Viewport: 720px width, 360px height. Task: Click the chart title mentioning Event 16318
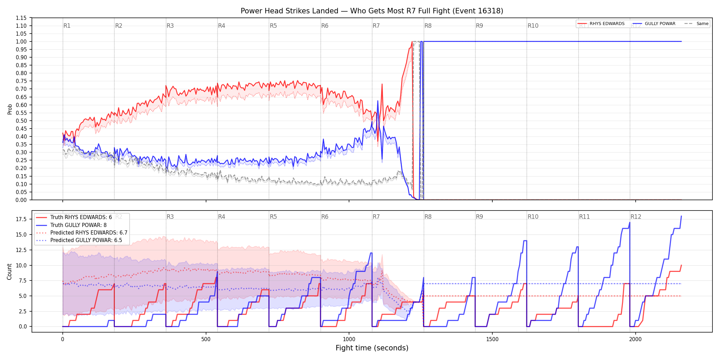(372, 11)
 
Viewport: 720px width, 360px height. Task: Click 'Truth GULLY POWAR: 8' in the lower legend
(79, 225)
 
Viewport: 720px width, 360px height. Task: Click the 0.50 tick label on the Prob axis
(21, 121)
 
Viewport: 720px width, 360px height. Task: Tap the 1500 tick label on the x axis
(492, 339)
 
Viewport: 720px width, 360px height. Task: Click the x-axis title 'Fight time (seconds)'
(372, 348)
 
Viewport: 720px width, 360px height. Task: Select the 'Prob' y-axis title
(10, 109)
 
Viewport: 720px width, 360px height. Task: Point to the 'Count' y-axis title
(9, 272)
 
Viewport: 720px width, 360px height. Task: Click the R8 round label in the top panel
(428, 26)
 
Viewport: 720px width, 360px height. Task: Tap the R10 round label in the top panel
(533, 26)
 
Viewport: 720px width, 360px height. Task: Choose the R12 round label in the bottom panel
(636, 217)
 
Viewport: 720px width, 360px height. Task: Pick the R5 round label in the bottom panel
(273, 217)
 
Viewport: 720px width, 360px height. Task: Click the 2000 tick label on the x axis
(635, 339)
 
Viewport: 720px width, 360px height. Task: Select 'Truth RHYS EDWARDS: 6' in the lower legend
(81, 217)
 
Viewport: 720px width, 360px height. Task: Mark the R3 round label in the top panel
(170, 26)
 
